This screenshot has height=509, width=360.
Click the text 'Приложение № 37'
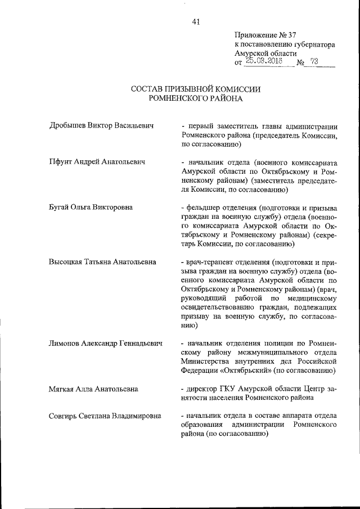point(264,34)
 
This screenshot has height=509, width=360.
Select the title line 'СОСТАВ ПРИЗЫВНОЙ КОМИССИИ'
point(195,89)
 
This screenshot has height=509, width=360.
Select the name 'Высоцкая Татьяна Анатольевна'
point(103,262)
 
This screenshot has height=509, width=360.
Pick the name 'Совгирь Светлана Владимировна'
point(105,416)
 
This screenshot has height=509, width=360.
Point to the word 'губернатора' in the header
point(313,43)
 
